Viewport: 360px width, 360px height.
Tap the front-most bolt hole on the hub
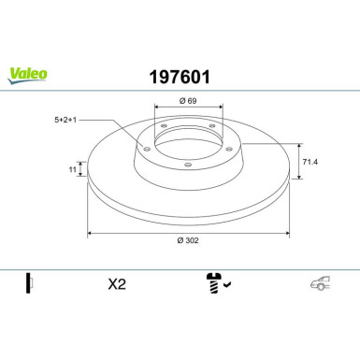(188, 166)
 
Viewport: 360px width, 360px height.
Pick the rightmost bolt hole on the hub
(225, 145)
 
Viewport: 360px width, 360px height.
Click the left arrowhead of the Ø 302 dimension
(90, 233)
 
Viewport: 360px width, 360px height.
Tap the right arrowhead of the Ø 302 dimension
(286, 233)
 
